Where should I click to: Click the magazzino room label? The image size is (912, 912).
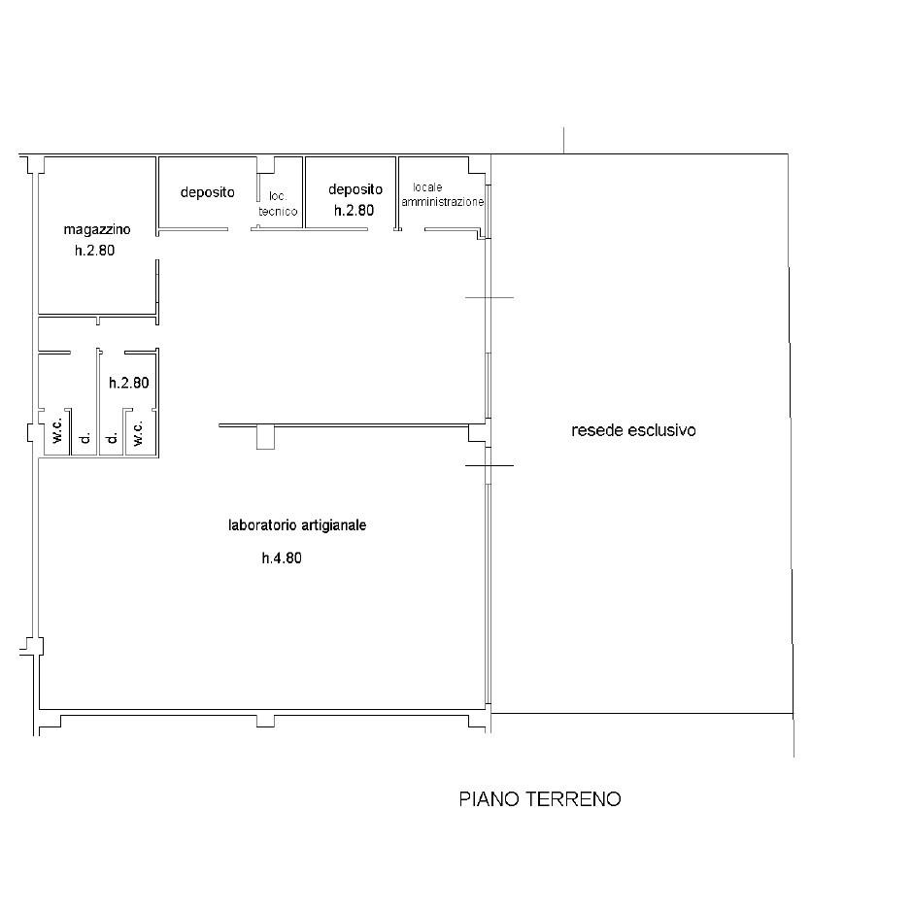96,230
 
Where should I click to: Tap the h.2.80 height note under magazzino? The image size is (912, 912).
95,251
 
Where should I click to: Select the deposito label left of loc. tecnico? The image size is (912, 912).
208,192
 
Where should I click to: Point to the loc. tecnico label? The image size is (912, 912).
278,204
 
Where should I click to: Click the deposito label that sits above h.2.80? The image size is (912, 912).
355,189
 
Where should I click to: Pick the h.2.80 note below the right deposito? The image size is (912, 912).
354,211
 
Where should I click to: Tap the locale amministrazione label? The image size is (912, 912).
443,195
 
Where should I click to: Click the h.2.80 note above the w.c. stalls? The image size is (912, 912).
129,383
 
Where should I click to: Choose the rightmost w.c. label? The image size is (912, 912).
138,433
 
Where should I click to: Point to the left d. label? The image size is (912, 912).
84,437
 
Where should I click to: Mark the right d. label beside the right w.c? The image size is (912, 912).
113,437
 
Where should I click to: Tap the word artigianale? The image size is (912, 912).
331,525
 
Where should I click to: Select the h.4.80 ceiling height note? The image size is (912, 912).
282,558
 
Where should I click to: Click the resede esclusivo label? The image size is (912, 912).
633,430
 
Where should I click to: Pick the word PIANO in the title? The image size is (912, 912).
490,799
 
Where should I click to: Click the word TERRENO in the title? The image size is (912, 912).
574,799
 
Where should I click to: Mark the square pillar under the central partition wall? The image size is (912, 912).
265,437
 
